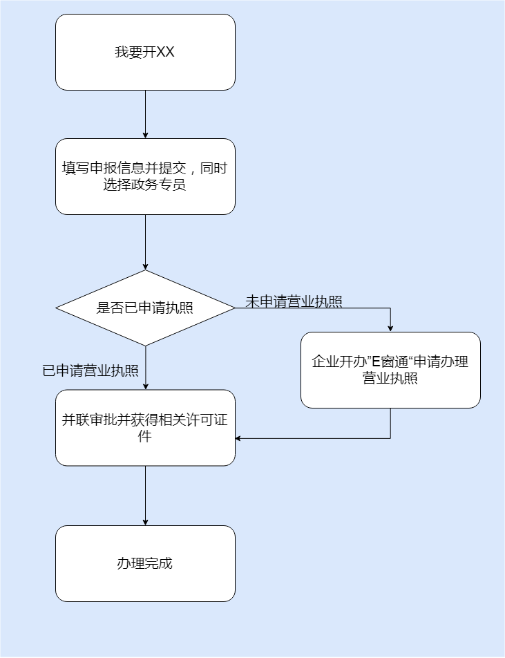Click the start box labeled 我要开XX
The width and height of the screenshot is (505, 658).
pos(145,53)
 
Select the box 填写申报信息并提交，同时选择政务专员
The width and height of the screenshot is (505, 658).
pos(145,176)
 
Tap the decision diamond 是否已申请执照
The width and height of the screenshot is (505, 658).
pos(145,308)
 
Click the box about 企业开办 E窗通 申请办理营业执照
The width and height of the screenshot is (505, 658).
pos(390,370)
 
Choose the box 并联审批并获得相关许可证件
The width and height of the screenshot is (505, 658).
pos(145,428)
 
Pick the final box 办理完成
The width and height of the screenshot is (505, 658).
pos(145,563)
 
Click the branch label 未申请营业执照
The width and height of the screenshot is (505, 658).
pos(294,301)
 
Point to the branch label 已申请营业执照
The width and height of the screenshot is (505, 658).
pos(90,370)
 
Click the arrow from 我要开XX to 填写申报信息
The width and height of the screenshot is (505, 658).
pos(145,114)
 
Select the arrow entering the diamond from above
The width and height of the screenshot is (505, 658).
pos(145,242)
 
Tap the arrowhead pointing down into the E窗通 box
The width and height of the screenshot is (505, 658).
pos(390,328)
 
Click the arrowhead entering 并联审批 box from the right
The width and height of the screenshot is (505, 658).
pos(239,438)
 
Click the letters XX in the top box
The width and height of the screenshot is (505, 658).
pos(166,53)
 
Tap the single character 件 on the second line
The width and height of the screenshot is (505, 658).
pos(145,437)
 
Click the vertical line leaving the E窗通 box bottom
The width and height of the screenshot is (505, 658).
pos(390,423)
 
